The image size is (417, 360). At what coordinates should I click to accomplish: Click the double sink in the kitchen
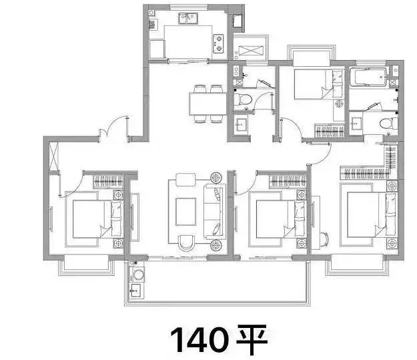click(x=188, y=18)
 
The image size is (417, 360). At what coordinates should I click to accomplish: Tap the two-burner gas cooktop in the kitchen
click(x=218, y=43)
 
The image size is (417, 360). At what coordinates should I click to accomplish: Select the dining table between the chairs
click(x=208, y=104)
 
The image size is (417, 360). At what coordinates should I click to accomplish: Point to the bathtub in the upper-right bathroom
click(x=368, y=77)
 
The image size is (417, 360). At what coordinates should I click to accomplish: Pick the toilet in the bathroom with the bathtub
click(x=388, y=124)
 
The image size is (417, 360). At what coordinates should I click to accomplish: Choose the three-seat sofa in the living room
click(x=214, y=212)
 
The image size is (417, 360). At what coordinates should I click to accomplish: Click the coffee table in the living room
click(x=185, y=212)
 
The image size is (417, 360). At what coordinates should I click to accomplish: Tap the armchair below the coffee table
click(x=186, y=242)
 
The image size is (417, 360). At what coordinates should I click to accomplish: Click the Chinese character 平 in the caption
click(x=252, y=339)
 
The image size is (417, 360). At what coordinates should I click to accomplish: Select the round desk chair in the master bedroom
click(x=324, y=239)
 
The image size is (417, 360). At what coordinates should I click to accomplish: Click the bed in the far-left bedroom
click(x=97, y=219)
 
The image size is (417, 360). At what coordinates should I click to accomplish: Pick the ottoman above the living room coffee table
click(x=186, y=179)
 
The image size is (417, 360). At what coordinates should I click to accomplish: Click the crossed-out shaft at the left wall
click(x=54, y=156)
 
